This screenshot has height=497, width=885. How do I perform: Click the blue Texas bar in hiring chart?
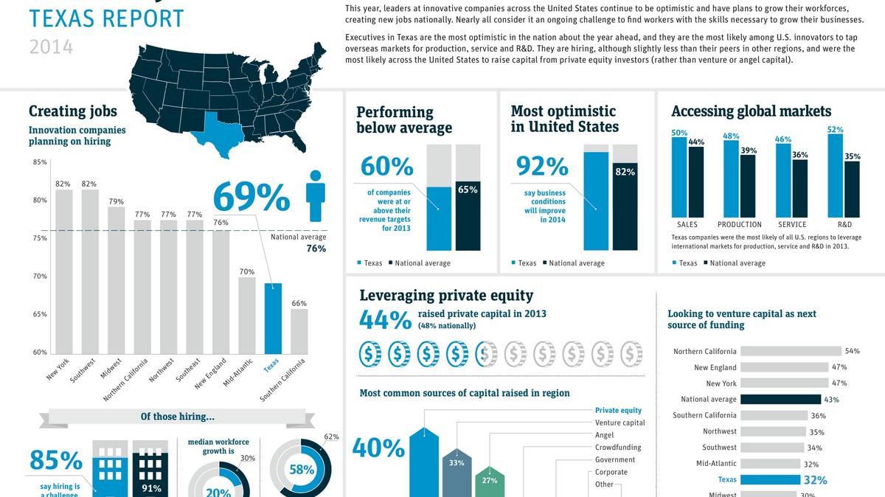click(273, 318)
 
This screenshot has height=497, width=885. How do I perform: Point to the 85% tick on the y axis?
click(40, 162)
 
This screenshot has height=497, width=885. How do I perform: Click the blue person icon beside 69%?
click(316, 196)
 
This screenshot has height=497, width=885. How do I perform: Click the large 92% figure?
click(542, 167)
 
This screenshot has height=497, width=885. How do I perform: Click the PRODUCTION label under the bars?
click(739, 224)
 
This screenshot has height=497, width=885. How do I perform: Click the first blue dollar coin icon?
click(370, 354)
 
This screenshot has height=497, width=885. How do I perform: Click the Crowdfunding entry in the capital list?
click(617, 448)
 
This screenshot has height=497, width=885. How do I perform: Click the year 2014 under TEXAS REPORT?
click(51, 47)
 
